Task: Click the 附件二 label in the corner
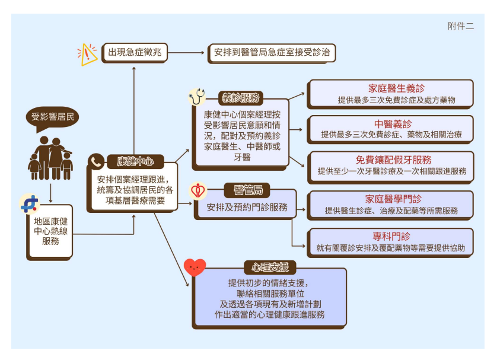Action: click(x=461, y=26)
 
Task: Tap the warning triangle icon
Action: click(x=88, y=54)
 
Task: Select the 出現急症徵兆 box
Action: click(x=135, y=53)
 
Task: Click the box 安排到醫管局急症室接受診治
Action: click(x=272, y=53)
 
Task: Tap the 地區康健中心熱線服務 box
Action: click(x=50, y=231)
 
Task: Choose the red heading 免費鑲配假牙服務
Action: click(x=393, y=160)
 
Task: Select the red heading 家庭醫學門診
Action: click(x=393, y=199)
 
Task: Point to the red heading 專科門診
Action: click(x=394, y=236)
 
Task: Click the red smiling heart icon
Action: click(x=195, y=268)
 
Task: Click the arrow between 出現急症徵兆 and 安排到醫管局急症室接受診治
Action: click(x=186, y=53)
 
